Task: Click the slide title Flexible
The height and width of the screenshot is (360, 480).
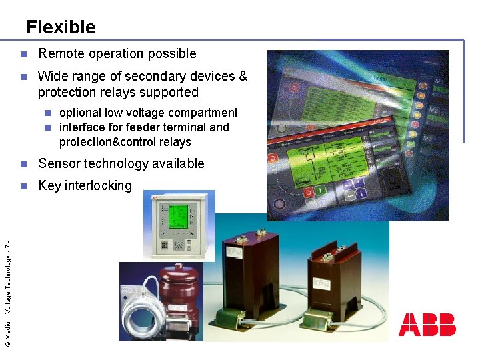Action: [x=61, y=27]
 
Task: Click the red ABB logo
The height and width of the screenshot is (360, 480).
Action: [x=427, y=325]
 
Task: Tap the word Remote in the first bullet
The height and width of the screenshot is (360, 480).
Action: [x=61, y=53]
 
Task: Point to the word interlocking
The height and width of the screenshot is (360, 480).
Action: [x=99, y=185]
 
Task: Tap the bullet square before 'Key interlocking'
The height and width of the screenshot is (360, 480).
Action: [x=23, y=186]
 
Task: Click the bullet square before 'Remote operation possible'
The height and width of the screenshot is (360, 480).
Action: [x=23, y=54]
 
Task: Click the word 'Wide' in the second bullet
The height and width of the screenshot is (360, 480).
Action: [x=52, y=76]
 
